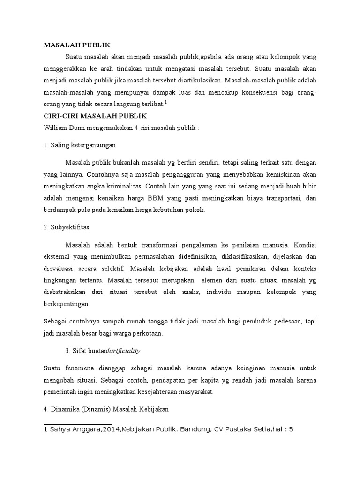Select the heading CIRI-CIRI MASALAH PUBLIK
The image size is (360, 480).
[x=96, y=115]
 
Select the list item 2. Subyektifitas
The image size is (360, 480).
[x=67, y=227]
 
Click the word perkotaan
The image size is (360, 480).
[x=148, y=334]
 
